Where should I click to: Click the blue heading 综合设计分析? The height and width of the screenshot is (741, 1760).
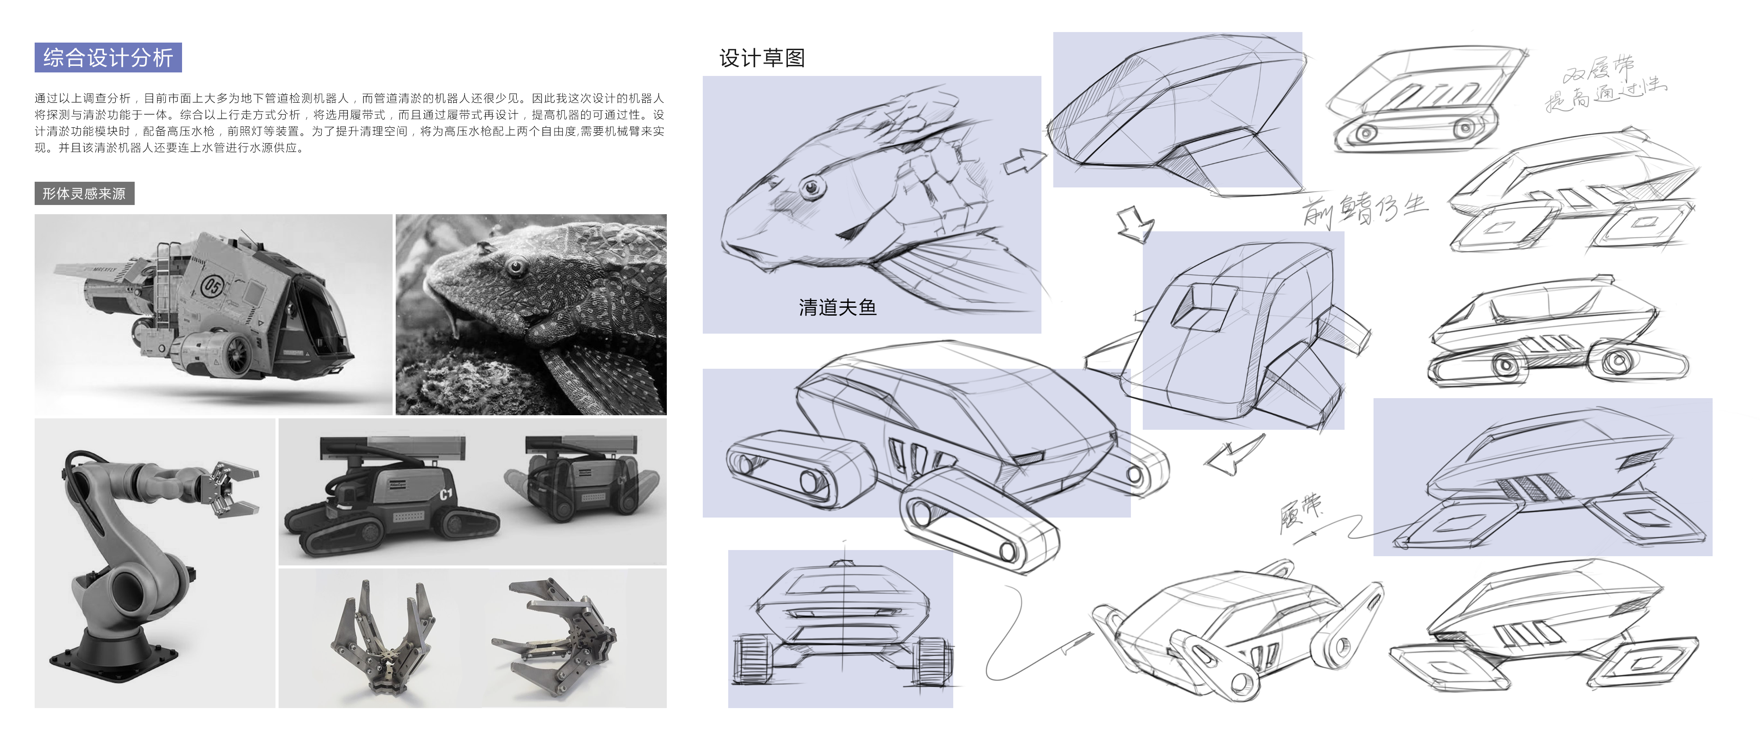click(x=108, y=58)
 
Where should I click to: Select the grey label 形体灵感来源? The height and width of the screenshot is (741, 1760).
click(x=84, y=194)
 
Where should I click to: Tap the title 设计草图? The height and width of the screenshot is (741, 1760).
click(x=762, y=58)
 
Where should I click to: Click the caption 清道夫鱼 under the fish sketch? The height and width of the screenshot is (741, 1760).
click(x=837, y=308)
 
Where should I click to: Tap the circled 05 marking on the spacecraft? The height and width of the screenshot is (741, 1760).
click(x=212, y=284)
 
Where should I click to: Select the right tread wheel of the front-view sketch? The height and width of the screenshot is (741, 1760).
click(x=933, y=661)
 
